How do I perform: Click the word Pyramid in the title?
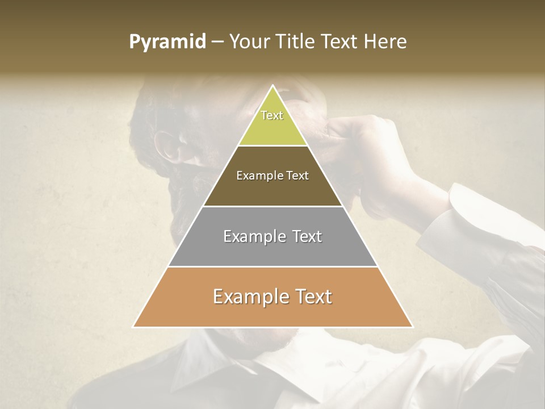point(167,42)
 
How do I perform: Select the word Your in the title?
point(251,41)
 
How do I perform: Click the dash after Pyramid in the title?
point(217,43)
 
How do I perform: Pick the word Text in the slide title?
point(341,41)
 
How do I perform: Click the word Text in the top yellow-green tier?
point(272,115)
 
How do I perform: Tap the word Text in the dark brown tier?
point(297,176)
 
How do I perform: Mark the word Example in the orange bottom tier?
point(246,297)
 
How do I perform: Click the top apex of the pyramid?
point(272,85)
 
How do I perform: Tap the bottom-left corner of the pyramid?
point(133,327)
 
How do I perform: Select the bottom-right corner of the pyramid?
point(412,327)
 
